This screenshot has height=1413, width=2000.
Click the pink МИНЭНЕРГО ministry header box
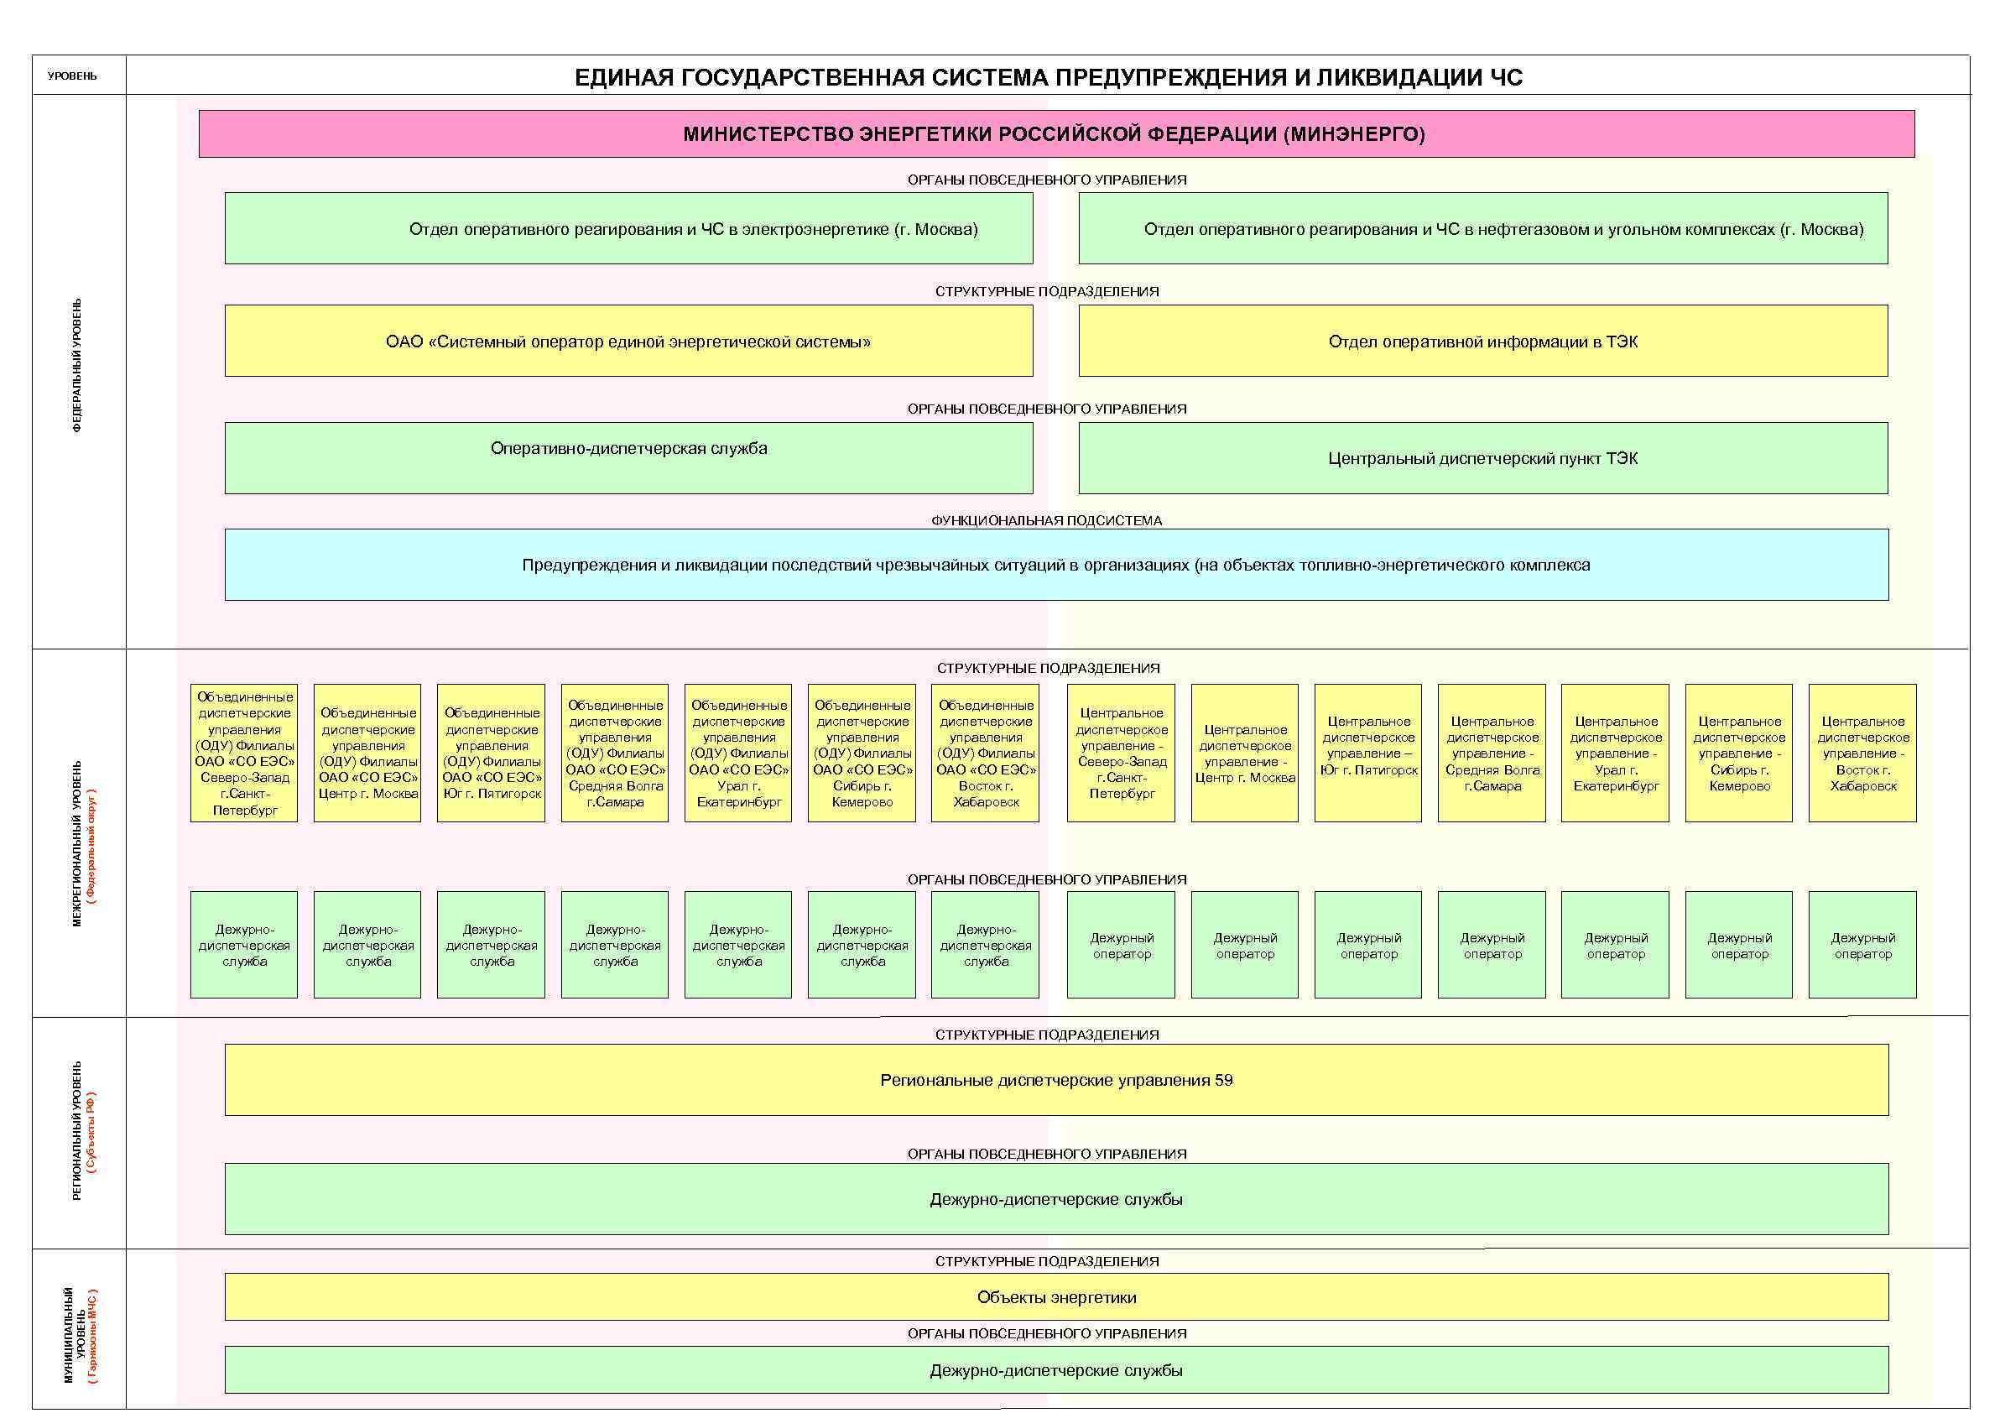click(x=1055, y=134)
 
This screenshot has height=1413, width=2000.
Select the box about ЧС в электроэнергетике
click(x=628, y=228)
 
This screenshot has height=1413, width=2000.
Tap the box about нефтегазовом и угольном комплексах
click(x=1482, y=228)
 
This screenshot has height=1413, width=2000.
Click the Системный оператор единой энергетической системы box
click(x=628, y=341)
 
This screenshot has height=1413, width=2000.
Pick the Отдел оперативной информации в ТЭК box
click(x=1482, y=341)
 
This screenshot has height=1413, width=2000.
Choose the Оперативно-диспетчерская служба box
click(x=628, y=457)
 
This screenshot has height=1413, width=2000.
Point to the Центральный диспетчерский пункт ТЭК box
click(x=1482, y=458)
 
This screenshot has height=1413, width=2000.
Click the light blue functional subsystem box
click(x=1055, y=565)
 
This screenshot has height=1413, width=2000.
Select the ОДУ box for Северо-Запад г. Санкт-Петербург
click(x=244, y=753)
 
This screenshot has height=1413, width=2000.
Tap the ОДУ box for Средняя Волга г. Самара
click(x=615, y=753)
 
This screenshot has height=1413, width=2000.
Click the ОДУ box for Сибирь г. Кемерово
click(x=862, y=753)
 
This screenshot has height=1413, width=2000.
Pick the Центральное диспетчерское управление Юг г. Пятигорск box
click(x=1367, y=753)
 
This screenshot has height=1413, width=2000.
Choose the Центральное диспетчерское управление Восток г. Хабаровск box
click(x=1862, y=753)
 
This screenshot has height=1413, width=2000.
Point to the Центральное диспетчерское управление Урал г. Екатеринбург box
click(x=1615, y=753)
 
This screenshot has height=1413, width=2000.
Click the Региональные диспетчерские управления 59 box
click(x=1055, y=1080)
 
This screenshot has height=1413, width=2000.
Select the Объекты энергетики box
click(x=1055, y=1297)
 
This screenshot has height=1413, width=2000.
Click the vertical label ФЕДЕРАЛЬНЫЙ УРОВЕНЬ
click(x=77, y=366)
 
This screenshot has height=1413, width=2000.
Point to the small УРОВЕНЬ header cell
click(x=72, y=76)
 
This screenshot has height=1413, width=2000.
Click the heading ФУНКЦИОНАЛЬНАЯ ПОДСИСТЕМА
click(x=1046, y=520)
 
